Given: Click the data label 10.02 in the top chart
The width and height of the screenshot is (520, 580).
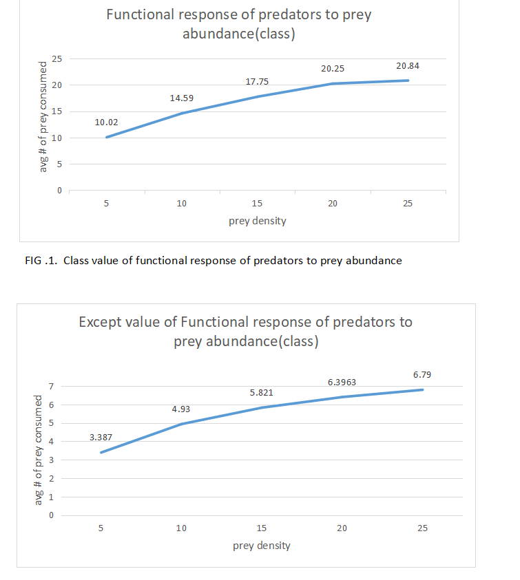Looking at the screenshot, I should [x=106, y=122].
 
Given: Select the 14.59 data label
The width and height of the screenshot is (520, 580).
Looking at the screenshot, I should [x=182, y=98].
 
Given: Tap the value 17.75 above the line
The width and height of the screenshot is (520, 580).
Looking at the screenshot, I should [x=257, y=82].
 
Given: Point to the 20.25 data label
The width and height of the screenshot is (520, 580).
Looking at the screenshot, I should [x=333, y=69].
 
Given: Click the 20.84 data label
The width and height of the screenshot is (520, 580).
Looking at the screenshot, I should [x=408, y=65].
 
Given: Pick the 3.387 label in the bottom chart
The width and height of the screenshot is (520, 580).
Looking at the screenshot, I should [x=101, y=438].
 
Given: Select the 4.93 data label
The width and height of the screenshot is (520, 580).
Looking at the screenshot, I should [x=181, y=409].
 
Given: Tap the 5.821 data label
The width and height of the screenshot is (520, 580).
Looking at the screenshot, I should [x=262, y=393].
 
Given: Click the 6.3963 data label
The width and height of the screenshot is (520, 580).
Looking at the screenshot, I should [x=342, y=381].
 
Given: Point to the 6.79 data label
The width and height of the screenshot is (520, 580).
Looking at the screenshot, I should [x=422, y=374].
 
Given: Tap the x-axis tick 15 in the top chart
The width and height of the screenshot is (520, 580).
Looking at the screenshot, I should [x=257, y=204].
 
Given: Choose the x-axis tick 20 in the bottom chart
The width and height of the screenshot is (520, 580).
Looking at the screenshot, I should [x=342, y=528].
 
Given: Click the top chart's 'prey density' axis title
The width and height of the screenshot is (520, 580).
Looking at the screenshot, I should [x=258, y=222].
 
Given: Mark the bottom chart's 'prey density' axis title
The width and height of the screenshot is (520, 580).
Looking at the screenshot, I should [x=262, y=546].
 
